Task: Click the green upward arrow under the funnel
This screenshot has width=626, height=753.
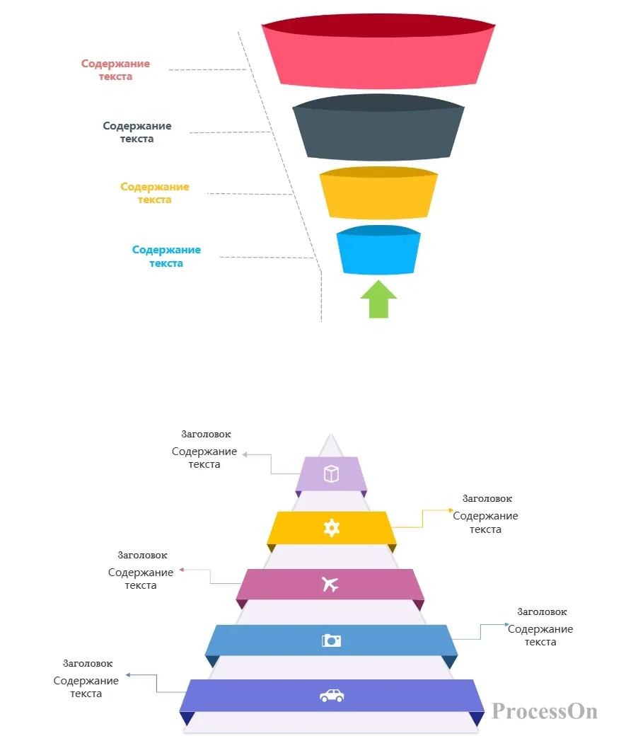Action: (378, 299)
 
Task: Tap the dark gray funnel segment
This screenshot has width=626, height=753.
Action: (378, 127)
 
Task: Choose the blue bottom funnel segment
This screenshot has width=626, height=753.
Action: (378, 251)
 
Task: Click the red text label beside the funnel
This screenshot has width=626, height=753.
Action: (116, 70)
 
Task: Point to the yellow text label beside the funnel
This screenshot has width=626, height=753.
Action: (155, 193)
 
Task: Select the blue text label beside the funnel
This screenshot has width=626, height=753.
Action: (167, 256)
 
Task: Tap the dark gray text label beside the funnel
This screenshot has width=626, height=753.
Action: (137, 132)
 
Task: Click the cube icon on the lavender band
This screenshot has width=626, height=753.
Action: (331, 474)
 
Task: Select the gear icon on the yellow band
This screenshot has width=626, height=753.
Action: (332, 528)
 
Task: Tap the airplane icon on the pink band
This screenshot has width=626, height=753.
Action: (330, 584)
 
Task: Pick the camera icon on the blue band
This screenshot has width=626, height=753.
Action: (331, 640)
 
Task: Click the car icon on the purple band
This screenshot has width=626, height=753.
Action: (332, 696)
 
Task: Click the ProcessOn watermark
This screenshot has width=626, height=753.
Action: (545, 711)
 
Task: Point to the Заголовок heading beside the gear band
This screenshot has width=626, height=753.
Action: (487, 499)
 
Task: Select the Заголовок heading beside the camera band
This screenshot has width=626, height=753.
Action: (542, 611)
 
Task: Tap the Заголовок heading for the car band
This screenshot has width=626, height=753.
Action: (88, 664)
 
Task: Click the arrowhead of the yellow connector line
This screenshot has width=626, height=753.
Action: (451, 510)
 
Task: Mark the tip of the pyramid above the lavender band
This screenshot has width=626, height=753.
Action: (331, 434)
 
